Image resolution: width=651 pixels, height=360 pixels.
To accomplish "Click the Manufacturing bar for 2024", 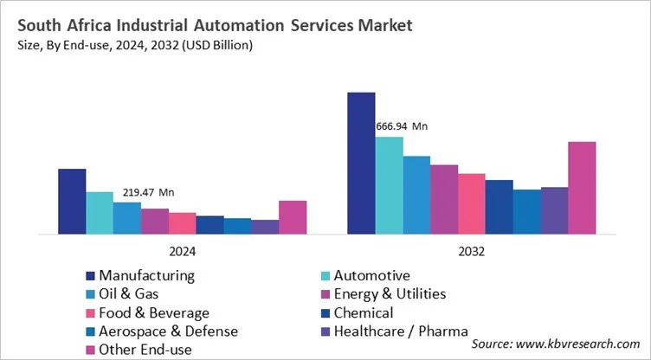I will coord(72,201).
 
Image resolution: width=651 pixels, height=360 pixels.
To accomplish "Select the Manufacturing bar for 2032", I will coord(361,163).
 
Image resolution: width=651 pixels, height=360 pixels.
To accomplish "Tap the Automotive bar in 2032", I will coord(389,184).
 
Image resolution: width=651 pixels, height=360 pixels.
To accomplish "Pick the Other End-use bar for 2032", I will coord(582,187).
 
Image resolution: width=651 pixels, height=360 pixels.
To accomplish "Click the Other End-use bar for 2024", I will coord(293,216).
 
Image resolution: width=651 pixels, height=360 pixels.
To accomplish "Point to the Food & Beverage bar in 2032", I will coord(471,203).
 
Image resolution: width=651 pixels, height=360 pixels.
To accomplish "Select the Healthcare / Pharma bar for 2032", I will coord(554,209).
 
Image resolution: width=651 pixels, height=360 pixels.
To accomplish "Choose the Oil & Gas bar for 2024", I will coord(127,217).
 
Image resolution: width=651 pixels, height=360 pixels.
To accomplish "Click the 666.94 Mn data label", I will coord(402,126).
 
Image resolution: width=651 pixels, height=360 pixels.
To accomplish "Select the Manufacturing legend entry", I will coord(145,275).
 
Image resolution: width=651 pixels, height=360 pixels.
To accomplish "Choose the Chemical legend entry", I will coord(363,312).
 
